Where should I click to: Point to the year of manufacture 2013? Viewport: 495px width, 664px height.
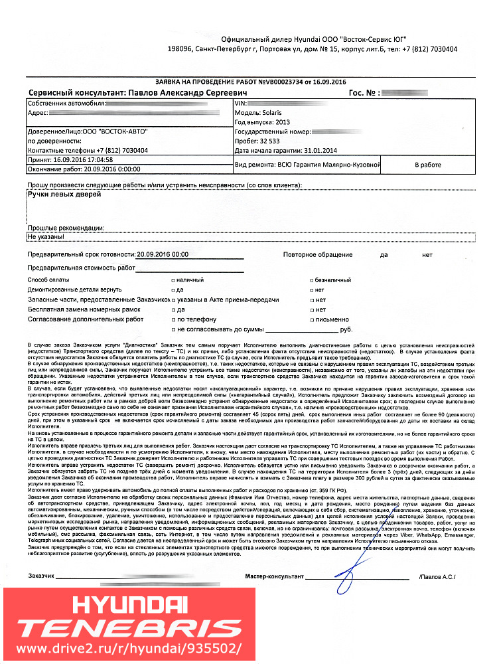281,122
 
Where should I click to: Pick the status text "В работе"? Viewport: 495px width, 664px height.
428,164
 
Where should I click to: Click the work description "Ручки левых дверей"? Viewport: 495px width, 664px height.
64,195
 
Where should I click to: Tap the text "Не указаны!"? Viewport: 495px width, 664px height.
45,236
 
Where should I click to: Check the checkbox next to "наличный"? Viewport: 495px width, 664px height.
173,280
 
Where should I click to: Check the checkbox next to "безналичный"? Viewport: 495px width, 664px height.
312,280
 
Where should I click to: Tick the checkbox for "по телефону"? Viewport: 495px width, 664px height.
173,319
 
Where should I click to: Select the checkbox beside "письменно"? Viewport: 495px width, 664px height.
312,319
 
